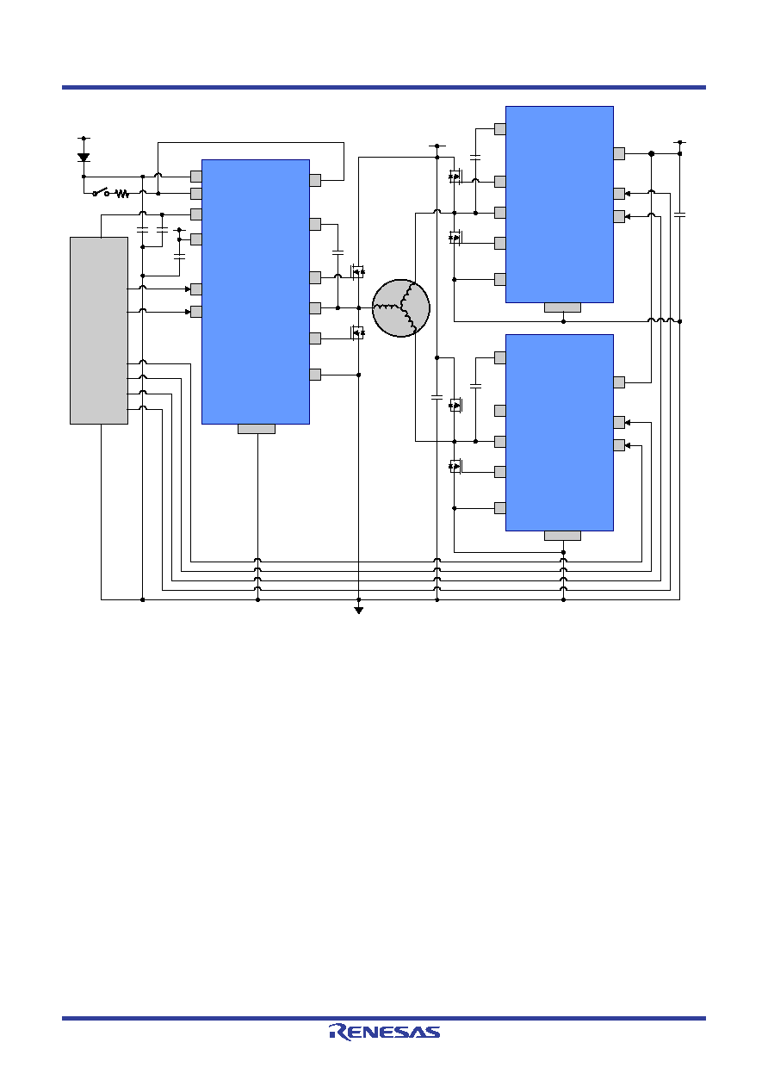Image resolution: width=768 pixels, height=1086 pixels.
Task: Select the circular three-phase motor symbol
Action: point(400,307)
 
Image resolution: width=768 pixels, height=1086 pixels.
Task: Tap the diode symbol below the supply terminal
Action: point(84,157)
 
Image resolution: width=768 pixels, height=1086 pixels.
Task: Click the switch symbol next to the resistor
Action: point(101,192)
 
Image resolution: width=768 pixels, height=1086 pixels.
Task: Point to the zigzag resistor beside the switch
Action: point(122,194)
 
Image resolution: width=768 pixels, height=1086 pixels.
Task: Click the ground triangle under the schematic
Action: point(358,611)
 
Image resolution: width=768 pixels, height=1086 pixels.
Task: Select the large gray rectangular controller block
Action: point(99,331)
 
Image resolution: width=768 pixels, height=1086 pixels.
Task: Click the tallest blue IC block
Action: point(256,292)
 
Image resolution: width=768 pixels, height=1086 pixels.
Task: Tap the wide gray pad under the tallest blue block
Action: point(257,429)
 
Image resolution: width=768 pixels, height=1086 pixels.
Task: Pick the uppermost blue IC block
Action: point(560,205)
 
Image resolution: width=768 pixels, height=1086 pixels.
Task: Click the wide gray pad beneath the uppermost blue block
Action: point(562,307)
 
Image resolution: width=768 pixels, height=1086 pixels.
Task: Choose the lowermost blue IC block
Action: point(560,432)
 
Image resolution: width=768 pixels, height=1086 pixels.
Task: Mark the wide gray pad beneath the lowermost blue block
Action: point(562,536)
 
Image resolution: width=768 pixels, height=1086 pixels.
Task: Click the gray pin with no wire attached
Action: point(500,411)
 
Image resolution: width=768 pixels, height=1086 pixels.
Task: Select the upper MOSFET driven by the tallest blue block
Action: point(357,271)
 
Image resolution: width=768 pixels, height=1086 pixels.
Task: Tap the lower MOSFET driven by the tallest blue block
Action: point(357,332)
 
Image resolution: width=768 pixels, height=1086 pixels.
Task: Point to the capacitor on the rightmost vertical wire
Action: point(680,214)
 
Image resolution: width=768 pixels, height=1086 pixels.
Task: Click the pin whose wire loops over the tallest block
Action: point(315,180)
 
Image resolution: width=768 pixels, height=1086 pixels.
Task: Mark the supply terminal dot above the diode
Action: point(84,138)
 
